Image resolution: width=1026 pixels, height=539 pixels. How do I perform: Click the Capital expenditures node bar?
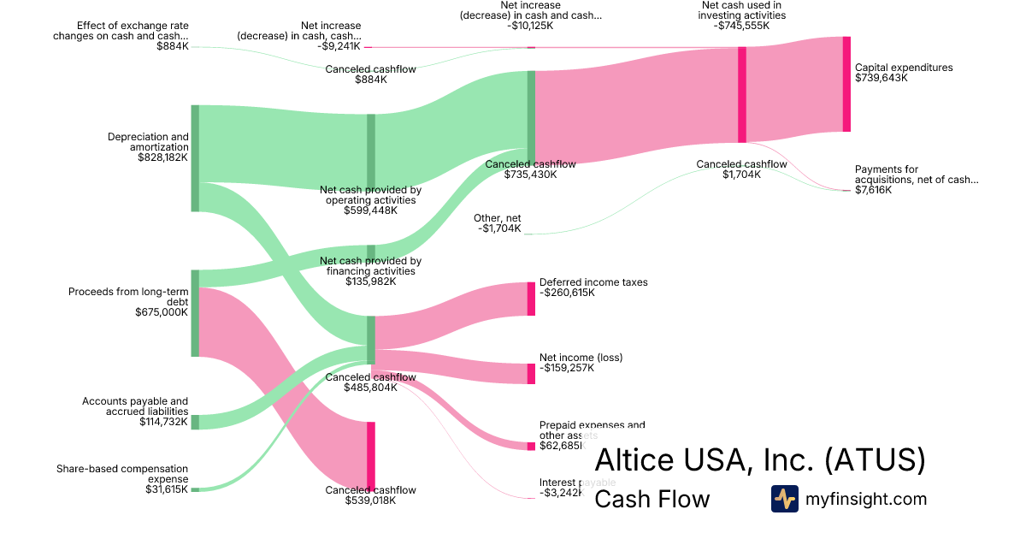point(846,84)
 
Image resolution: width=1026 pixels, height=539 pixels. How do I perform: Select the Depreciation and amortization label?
point(148,142)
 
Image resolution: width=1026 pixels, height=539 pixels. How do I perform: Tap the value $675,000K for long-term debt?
point(162,312)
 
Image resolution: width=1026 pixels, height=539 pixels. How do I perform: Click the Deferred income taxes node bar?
point(531,299)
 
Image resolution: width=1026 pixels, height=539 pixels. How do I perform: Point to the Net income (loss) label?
point(581,357)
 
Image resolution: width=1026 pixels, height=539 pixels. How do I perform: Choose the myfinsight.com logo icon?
point(784,499)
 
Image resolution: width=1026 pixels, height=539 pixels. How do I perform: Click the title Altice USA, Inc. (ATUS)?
point(759,460)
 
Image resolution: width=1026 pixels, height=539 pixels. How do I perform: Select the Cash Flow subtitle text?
point(652,499)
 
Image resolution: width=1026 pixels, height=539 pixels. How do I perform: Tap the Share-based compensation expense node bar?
point(195,489)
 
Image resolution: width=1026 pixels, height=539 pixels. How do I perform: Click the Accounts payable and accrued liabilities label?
point(135,406)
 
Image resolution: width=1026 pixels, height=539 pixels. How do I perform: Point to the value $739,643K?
point(881,78)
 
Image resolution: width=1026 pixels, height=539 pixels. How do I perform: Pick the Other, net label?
point(498,218)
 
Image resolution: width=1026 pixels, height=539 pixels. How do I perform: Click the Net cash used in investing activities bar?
point(742,94)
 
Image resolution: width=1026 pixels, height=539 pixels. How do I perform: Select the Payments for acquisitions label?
point(916,175)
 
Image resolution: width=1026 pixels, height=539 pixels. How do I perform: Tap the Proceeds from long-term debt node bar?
point(195,312)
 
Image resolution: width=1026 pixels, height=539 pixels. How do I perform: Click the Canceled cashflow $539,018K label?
point(370,490)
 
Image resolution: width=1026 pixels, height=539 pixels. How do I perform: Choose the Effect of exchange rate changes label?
point(121,31)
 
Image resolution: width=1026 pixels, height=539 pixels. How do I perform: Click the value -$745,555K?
point(742,26)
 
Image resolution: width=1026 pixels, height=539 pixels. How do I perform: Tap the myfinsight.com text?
point(866,499)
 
